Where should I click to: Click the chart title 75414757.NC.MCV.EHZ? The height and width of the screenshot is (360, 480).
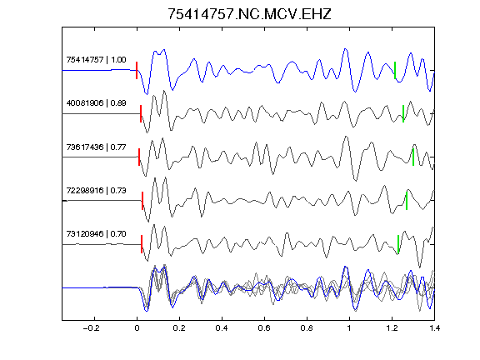pyautogui.click(x=249, y=14)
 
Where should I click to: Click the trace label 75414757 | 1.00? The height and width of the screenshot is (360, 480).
pyautogui.click(x=96, y=59)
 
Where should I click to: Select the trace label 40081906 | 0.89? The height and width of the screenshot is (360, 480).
pyautogui.click(x=96, y=102)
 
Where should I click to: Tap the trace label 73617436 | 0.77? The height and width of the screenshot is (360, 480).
pyautogui.click(x=96, y=147)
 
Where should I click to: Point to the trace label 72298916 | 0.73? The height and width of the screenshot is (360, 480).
pyautogui.click(x=96, y=190)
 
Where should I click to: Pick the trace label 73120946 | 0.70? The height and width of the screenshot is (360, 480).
pyautogui.click(x=96, y=234)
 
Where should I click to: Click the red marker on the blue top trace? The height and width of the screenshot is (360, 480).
pyautogui.click(x=137, y=70)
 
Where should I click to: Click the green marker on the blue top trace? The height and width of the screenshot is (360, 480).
pyautogui.click(x=395, y=70)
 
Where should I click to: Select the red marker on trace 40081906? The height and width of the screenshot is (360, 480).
pyautogui.click(x=141, y=114)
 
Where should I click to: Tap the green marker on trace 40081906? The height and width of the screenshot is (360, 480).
pyautogui.click(x=403, y=114)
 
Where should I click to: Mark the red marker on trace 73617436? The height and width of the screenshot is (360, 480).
pyautogui.click(x=139, y=157)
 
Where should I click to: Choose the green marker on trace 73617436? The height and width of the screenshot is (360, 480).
pyautogui.click(x=413, y=157)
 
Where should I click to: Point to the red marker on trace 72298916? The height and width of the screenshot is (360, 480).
pyautogui.click(x=142, y=201)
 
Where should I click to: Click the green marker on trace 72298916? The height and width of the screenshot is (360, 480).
pyautogui.click(x=407, y=201)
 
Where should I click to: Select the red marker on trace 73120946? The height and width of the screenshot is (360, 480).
pyautogui.click(x=142, y=244)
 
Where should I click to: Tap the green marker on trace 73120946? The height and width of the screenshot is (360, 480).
pyautogui.click(x=398, y=244)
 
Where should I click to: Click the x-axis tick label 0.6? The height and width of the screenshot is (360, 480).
pyautogui.click(x=264, y=328)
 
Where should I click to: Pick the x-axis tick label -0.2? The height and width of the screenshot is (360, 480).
pyautogui.click(x=91, y=328)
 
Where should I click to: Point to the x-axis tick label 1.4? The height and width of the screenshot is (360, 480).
pyautogui.click(x=434, y=328)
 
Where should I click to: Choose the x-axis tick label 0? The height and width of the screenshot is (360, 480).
pyautogui.click(x=137, y=328)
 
